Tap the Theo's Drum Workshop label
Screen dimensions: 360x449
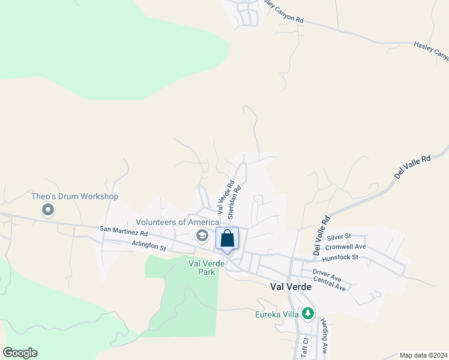click(75, 196)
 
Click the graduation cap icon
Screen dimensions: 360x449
click(203, 236)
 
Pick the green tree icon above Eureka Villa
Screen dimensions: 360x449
click(307, 313)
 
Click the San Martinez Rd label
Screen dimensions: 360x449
click(124, 230)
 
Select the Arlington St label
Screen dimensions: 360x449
click(149, 246)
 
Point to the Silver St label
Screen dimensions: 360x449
click(339, 237)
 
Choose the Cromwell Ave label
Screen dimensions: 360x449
click(345, 247)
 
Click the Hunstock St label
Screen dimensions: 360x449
click(340, 257)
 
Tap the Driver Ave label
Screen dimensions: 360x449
click(327, 275)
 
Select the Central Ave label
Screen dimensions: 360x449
click(330, 284)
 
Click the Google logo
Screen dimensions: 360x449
click(20, 353)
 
